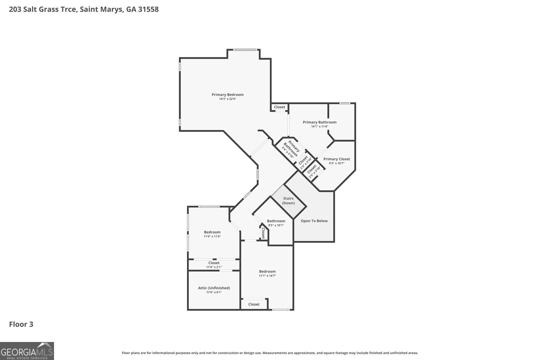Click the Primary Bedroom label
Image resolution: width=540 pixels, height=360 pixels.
[x=227, y=94]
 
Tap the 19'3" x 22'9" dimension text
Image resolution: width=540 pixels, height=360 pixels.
[x=227, y=99]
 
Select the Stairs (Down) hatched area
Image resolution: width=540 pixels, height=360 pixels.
[x=289, y=201]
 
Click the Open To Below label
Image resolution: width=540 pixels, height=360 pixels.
[x=314, y=221]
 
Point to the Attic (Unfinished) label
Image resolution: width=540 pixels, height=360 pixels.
[x=214, y=288]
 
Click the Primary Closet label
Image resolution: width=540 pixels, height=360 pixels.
[x=336, y=159]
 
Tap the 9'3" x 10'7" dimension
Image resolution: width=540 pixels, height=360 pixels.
[x=336, y=163]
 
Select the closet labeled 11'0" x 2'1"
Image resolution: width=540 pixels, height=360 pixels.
[x=214, y=265]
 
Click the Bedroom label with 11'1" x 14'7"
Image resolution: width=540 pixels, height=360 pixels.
[x=267, y=271]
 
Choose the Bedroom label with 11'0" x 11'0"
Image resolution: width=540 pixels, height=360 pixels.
[x=212, y=232]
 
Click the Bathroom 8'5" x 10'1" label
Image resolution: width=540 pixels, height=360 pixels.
[x=276, y=221]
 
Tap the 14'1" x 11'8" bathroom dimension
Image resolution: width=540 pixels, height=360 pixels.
[x=320, y=127]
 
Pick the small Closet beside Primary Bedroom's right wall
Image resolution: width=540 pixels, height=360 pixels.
[x=279, y=107]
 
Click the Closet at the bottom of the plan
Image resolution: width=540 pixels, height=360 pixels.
[x=254, y=304]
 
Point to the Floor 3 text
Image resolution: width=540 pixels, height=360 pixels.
[x=21, y=324]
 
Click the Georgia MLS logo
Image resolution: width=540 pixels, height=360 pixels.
[x=27, y=351]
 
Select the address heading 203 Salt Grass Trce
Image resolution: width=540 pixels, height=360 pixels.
[x=84, y=9]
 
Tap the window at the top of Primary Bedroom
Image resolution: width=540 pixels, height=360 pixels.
[x=245, y=50]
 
